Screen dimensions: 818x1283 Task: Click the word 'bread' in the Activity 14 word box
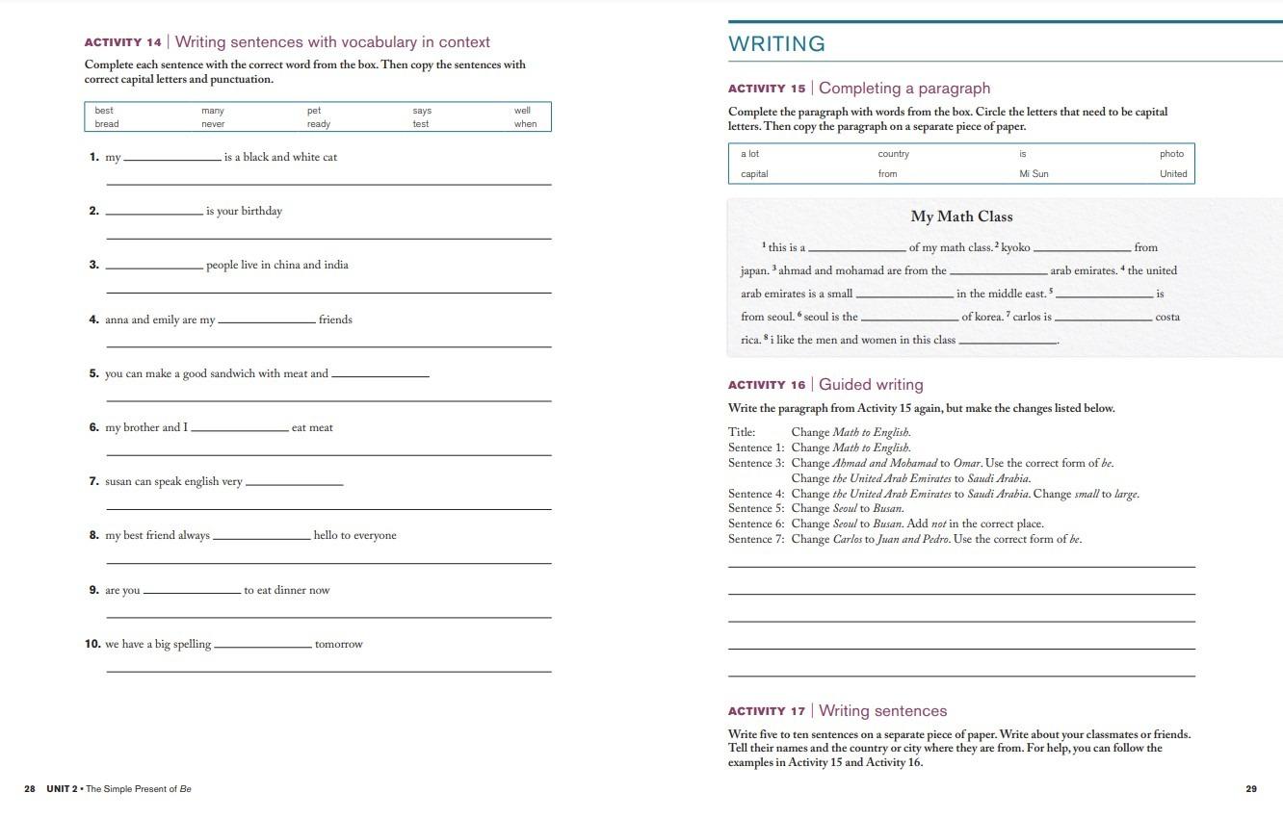107,124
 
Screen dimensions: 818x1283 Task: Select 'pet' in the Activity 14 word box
314,111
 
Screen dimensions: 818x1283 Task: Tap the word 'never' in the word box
213,124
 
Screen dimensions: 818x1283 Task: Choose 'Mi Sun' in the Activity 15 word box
1034,174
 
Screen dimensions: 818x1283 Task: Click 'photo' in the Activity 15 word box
1171,154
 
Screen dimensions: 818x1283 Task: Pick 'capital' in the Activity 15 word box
754,174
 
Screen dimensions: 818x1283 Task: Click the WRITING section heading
776,44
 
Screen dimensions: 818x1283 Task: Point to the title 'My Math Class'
961,217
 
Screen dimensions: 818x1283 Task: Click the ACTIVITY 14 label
123,42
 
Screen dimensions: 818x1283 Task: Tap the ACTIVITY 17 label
767,711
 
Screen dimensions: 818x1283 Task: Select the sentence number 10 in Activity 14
92,644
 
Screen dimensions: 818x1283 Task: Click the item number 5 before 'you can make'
94,373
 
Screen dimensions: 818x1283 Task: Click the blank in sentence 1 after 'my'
172,158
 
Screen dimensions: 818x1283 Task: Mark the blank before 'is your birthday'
154,212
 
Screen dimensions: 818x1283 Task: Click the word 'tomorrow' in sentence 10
338,645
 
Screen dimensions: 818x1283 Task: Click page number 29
1251,789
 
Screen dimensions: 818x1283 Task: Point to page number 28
30,789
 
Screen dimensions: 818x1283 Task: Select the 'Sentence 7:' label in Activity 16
756,539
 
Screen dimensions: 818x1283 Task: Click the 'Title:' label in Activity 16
742,432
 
